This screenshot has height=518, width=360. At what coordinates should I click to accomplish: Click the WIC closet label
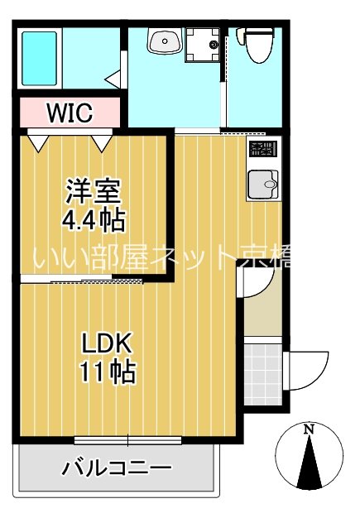pyautogui.click(x=70, y=111)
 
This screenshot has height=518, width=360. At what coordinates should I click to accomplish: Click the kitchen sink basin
pyautogui.click(x=264, y=184)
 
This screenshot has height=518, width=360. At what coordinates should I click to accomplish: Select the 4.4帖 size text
pyautogui.click(x=94, y=219)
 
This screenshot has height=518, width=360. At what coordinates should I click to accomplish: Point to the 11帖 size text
pyautogui.click(x=107, y=372)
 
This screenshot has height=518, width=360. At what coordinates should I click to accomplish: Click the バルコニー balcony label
pyautogui.click(x=117, y=468)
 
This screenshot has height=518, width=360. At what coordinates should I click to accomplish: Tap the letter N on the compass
pyautogui.click(x=309, y=429)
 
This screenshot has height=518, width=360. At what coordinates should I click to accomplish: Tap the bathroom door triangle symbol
pyautogui.click(x=113, y=79)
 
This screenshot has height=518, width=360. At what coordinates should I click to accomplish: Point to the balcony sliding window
pyautogui.click(x=128, y=439)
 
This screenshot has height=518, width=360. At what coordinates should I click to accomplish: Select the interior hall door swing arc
pyautogui.click(x=253, y=284)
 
